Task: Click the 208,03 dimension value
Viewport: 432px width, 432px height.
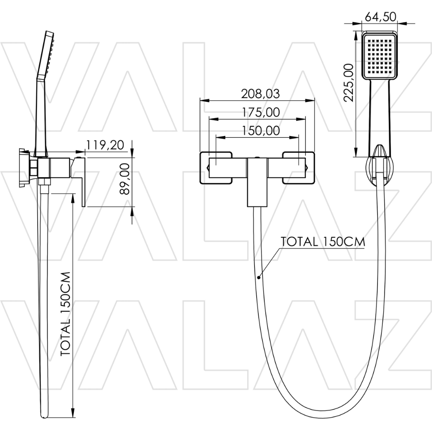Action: click(260, 94)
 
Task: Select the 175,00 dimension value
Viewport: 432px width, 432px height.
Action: click(260, 112)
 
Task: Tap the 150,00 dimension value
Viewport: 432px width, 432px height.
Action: click(260, 130)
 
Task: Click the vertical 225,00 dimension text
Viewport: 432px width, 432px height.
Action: click(349, 83)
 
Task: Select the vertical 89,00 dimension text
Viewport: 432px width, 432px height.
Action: click(125, 179)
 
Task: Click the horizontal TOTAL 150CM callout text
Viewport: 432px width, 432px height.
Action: click(323, 241)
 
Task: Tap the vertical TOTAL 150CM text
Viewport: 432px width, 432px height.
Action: click(66, 314)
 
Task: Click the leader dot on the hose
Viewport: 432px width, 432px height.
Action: click(259, 277)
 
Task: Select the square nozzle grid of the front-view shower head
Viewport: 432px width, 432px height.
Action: click(379, 56)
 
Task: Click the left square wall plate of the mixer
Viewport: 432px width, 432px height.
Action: click(216, 168)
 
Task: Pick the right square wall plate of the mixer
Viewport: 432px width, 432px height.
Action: click(299, 168)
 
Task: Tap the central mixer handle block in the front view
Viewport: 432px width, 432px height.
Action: click(257, 182)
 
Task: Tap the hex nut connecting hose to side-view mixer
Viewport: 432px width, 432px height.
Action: click(44, 181)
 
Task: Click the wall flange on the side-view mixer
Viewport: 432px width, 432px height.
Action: click(23, 168)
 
